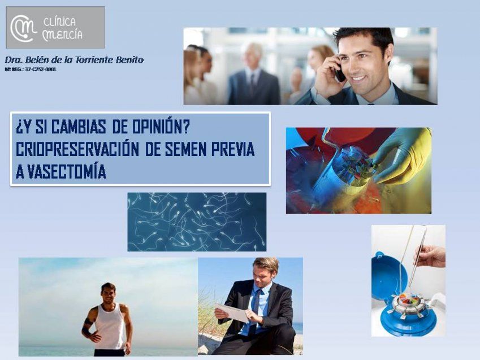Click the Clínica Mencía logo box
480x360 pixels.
tap(55, 27)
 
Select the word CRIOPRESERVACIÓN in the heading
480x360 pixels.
tap(77, 149)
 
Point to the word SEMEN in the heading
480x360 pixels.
tap(186, 149)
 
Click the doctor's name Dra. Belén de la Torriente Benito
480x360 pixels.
tap(74, 59)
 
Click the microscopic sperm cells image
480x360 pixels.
tap(196, 222)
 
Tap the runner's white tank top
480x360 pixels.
tap(110, 327)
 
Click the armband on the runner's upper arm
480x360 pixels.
tap(87, 323)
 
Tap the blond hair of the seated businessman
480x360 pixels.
tap(266, 264)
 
